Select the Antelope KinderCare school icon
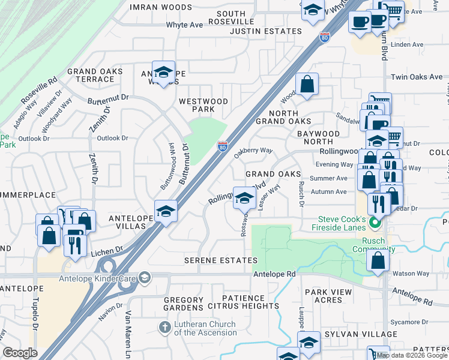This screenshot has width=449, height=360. [144, 277]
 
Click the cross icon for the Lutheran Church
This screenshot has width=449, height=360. [164, 328]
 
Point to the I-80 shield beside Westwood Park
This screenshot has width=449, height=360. [222, 146]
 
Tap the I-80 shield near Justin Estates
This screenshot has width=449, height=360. [325, 37]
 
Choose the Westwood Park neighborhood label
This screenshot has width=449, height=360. [203, 106]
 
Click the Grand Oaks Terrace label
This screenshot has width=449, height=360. [95, 75]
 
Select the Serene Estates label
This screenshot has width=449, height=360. [220, 260]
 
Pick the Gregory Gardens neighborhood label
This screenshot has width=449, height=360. [183, 304]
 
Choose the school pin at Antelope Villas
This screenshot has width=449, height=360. [166, 212]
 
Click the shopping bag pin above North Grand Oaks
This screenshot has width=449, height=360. [307, 85]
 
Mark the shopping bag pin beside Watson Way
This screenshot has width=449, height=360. [378, 261]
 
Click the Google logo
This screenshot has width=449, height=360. [20, 353]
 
